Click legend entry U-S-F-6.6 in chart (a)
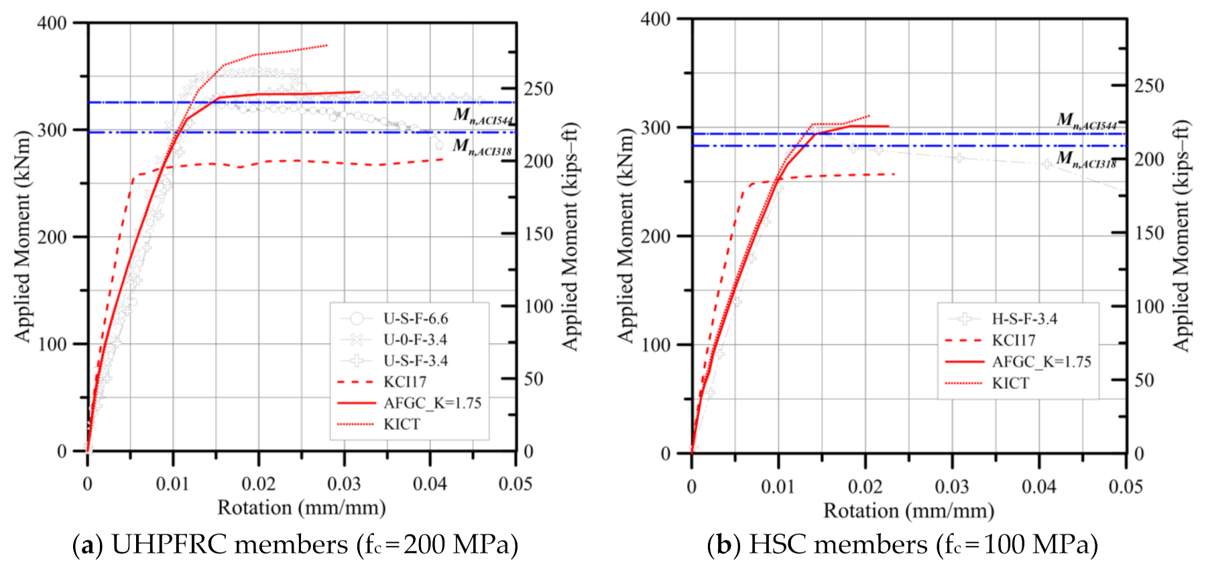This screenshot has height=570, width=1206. (x=415, y=319)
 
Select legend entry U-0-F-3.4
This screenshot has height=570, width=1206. (x=415, y=339)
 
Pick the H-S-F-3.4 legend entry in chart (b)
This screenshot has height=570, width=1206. (x=1024, y=319)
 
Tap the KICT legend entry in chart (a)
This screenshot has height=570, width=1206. (x=402, y=424)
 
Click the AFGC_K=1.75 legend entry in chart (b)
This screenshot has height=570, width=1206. (x=1041, y=362)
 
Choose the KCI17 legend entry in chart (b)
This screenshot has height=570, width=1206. (x=1014, y=341)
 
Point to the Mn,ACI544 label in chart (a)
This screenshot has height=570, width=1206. (x=483, y=117)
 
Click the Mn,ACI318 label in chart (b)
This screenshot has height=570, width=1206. (x=1086, y=160)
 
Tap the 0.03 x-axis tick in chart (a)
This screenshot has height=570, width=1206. (x=344, y=483)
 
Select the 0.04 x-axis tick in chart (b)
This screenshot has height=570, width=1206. (x=1038, y=486)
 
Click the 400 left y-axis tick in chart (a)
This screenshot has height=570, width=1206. (x=52, y=23)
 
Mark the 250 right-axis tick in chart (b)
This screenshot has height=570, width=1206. (x=1149, y=86)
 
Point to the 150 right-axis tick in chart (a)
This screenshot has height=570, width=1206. (x=538, y=234)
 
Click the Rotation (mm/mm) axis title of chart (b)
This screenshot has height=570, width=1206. (x=908, y=511)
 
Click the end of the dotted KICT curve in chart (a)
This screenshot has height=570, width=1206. (x=326, y=46)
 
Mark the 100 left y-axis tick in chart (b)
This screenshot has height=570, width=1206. (x=655, y=345)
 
